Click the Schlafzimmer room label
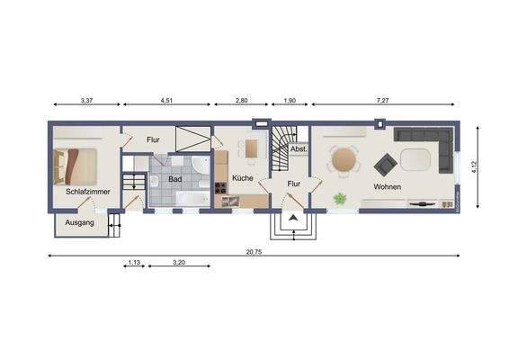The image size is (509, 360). pyautogui.click(x=87, y=191)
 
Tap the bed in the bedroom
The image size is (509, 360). pyautogui.click(x=76, y=164)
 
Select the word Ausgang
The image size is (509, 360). pyautogui.click(x=80, y=221)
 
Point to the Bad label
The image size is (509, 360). pyautogui.click(x=175, y=178)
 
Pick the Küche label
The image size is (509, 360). pyautogui.click(x=243, y=178)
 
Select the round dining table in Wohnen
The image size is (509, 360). pyautogui.click(x=344, y=160)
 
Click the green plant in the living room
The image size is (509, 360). pyautogui.click(x=341, y=198)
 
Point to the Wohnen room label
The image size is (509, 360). pyautogui.click(x=388, y=186)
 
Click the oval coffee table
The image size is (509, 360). pyautogui.click(x=415, y=160)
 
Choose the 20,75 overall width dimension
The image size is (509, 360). pyautogui.click(x=253, y=250)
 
